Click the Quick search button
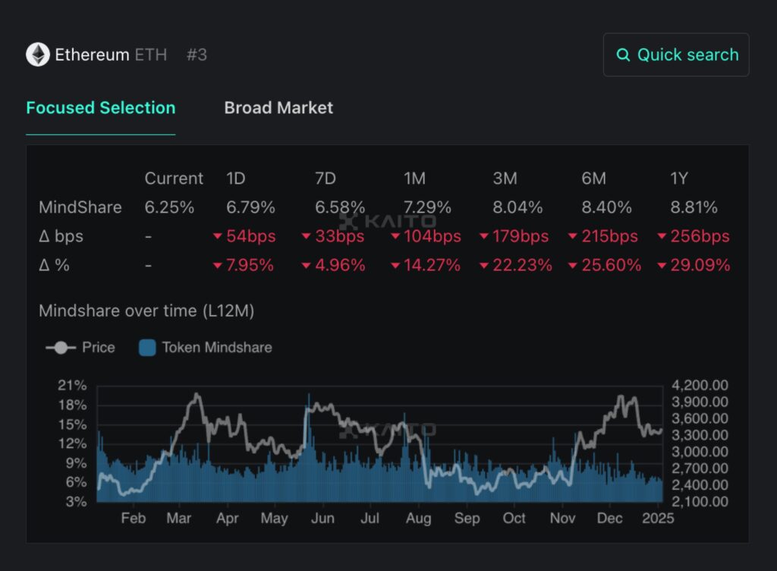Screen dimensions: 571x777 (x=676, y=55)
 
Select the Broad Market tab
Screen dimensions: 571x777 (x=278, y=108)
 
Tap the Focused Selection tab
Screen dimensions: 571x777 (x=100, y=108)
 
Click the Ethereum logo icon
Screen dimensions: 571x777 (x=38, y=55)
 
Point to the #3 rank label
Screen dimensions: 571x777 (x=197, y=55)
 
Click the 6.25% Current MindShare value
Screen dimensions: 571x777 (x=169, y=207)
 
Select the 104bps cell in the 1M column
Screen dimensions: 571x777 (x=426, y=236)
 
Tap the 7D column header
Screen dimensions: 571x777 (x=326, y=178)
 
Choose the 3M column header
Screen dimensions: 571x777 (x=505, y=178)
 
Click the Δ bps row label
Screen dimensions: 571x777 (x=61, y=236)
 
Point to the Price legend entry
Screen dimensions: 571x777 (x=80, y=348)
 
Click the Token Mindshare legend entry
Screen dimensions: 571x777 (x=206, y=348)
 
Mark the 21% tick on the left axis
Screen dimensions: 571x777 (x=72, y=386)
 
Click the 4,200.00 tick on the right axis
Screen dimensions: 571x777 (x=700, y=386)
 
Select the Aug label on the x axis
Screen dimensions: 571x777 (x=418, y=519)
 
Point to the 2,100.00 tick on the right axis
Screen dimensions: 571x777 (x=700, y=502)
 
